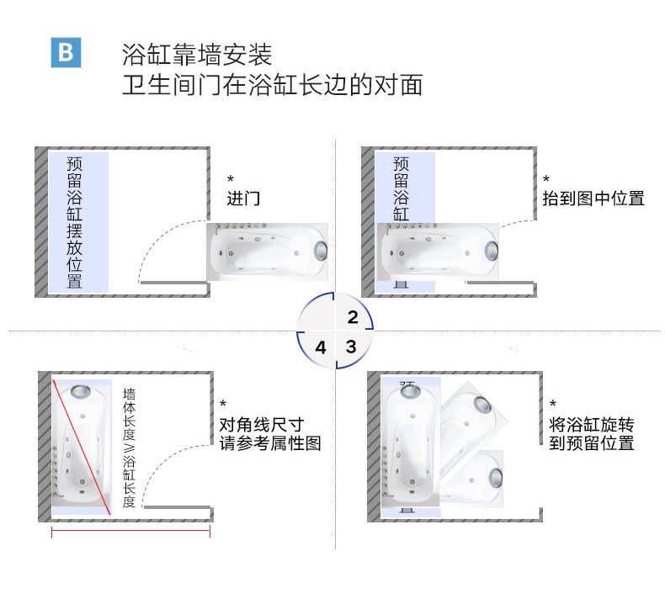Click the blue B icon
click(66, 52)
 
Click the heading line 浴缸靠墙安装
click(197, 56)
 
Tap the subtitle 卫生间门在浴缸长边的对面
click(272, 86)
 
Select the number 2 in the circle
click(353, 317)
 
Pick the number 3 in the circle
click(351, 346)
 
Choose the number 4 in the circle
click(320, 347)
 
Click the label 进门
click(243, 199)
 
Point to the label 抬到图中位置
click(593, 199)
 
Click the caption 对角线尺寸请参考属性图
click(270, 433)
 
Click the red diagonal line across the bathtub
click(82, 447)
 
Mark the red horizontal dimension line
click(130, 530)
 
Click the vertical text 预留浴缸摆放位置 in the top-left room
click(75, 221)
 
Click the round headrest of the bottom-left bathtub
click(82, 392)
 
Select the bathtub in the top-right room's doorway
click(438, 251)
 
